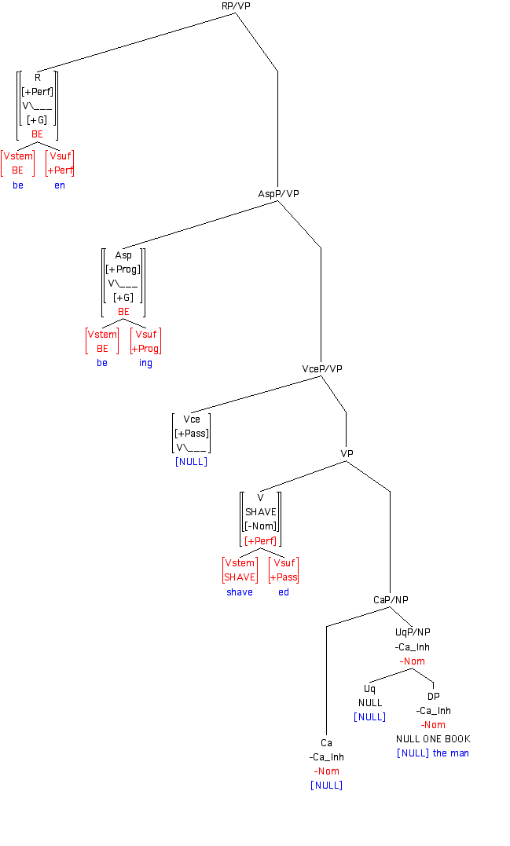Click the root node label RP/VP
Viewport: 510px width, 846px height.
coord(236,6)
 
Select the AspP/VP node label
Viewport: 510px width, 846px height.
coord(279,193)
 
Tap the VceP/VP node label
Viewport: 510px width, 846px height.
coord(322,368)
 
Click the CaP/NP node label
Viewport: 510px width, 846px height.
coord(391,600)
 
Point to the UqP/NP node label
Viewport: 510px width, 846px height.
coord(413,632)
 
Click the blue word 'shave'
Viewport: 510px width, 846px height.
coord(240,592)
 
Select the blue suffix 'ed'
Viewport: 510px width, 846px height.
coord(284,592)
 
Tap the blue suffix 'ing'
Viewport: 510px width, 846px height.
coord(145,363)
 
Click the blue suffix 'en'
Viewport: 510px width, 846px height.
coord(60,185)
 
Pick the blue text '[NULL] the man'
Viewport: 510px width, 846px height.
coord(433,753)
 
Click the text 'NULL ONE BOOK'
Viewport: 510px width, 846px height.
coord(433,739)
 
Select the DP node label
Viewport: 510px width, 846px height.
coord(434,697)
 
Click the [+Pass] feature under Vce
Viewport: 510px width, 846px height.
coord(192,434)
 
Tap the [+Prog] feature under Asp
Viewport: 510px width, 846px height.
coord(123,269)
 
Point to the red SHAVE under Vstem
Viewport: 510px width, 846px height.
coord(240,577)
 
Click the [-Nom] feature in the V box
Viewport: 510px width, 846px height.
coord(260,526)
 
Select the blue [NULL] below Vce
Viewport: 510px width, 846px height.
coord(191,462)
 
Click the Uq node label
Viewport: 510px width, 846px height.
coord(369,689)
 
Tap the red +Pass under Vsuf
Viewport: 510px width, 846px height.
coord(284,577)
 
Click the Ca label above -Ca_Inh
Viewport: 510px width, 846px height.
coord(326,743)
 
